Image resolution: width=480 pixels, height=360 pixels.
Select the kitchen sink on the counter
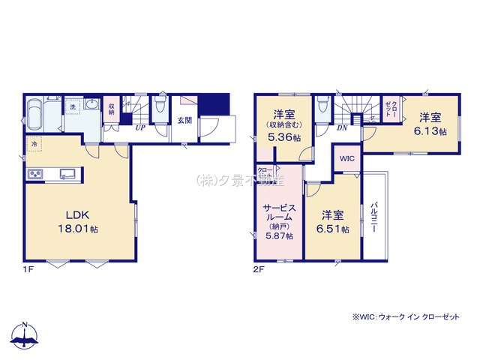(68, 174)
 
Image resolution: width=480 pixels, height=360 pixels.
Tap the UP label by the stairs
(140, 127)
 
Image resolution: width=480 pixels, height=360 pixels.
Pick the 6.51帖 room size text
(333, 229)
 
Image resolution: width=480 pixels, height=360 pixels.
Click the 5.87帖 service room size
(278, 235)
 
